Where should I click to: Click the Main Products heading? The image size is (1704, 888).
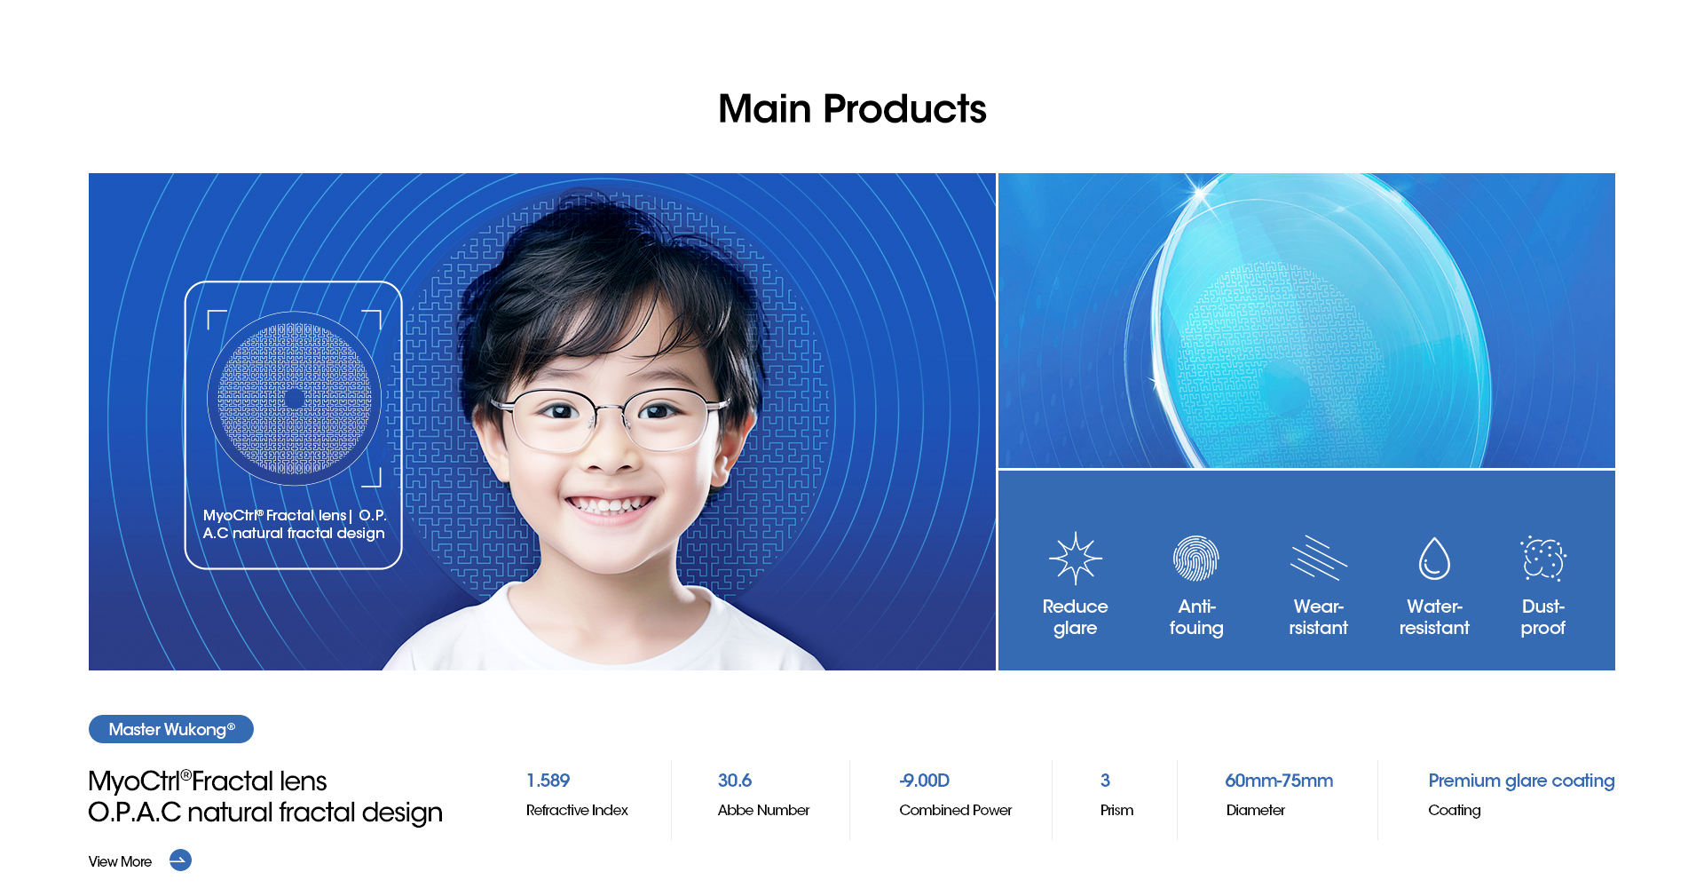coord(852,109)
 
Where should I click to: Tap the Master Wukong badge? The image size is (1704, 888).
coord(171,729)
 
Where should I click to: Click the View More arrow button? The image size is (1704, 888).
coord(180,860)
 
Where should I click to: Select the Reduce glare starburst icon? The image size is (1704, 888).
coord(1075,559)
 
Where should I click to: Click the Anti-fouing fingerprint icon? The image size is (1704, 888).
coord(1195,559)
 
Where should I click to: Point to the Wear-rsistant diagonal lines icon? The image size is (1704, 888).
coord(1319,559)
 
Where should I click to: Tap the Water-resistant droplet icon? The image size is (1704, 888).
coord(1434,559)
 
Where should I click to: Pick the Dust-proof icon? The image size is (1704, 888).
coord(1543,559)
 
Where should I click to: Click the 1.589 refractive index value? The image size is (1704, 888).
coord(548,781)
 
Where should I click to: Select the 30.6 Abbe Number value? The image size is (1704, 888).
coord(735,781)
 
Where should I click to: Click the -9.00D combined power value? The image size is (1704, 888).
coord(924,781)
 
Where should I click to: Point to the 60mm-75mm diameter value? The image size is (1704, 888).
coord(1279,781)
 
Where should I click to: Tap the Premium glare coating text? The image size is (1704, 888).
coord(1521,781)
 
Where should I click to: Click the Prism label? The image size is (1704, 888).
coord(1116,810)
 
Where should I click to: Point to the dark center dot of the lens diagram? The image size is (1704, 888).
coord(295,399)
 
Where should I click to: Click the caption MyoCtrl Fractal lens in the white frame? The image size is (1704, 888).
coord(274,515)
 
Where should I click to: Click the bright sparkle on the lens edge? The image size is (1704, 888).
coord(1200,191)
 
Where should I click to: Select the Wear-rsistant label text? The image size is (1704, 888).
coord(1319,617)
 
